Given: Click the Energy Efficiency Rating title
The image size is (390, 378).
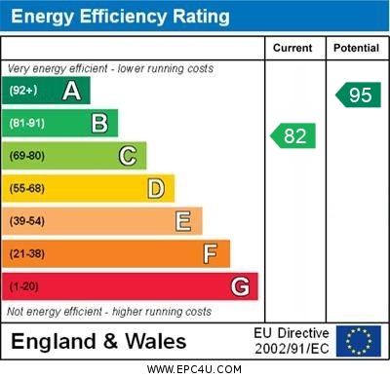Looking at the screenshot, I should (119, 17).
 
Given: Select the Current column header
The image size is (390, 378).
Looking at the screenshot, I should (292, 48).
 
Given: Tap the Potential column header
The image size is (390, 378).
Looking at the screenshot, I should (356, 48).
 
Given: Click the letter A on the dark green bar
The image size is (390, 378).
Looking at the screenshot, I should (71, 91).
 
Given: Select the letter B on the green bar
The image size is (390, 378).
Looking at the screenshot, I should (99, 123).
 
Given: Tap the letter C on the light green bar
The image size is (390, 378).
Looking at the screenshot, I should (128, 156).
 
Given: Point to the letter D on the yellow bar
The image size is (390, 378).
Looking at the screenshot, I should (156, 188).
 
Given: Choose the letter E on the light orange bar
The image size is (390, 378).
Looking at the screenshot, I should (183, 221).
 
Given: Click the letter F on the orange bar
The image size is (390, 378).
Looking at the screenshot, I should (211, 254).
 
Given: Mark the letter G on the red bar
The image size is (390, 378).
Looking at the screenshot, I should (240, 286).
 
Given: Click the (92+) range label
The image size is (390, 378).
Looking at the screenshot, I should (23, 92).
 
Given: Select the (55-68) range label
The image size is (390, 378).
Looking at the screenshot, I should (27, 189).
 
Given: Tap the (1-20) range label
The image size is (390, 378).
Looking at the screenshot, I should (24, 287).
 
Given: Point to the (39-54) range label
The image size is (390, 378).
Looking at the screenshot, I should (27, 222).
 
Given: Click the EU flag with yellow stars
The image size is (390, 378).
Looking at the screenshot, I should (359, 340).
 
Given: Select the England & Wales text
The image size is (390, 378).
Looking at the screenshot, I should (98, 341).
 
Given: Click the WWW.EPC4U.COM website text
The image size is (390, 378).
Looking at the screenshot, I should (194, 369).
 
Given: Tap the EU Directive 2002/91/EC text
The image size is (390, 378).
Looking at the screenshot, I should (292, 340).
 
